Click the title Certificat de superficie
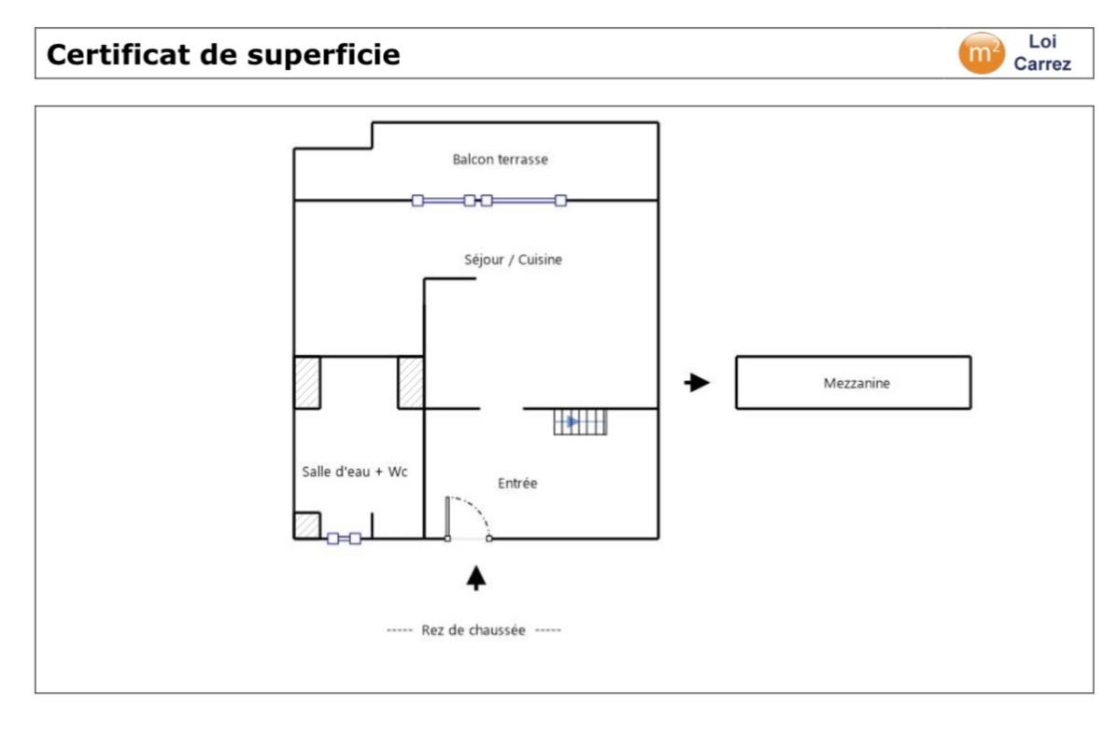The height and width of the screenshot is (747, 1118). coord(223,55)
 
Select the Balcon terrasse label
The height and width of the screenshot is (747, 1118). coord(500,160)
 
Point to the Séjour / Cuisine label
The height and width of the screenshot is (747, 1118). coord(513,260)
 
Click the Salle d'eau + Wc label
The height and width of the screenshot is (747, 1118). coord(355,472)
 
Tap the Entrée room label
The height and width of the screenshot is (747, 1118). coord(517,483)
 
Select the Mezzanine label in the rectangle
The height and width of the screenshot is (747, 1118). coord(856,382)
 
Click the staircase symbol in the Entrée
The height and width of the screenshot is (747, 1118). coord(580,422)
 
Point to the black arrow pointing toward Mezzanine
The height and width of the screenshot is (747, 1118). coord(697,382)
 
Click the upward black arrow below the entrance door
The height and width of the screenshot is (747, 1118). coord(477,578)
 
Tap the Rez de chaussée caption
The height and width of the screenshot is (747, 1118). coord(474,630)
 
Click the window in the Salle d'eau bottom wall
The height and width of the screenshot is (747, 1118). coord(344,539)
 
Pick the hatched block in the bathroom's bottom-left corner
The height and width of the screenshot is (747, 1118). coord(307,526)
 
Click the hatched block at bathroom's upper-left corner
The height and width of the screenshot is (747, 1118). coord(307,383)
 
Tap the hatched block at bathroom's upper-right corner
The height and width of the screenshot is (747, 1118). coord(411,383)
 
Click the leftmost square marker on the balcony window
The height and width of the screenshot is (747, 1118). coord(417,200)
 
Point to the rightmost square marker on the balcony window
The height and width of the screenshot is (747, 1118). coord(560,200)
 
